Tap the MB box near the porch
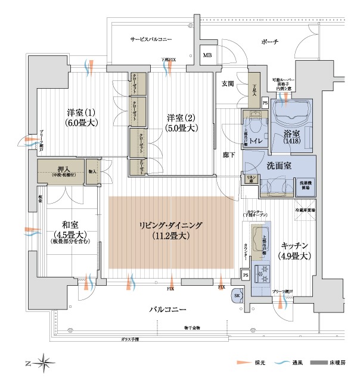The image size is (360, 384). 207,56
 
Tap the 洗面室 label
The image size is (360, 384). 278,166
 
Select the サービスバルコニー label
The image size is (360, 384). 151,39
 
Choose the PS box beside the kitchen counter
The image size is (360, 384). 246,275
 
